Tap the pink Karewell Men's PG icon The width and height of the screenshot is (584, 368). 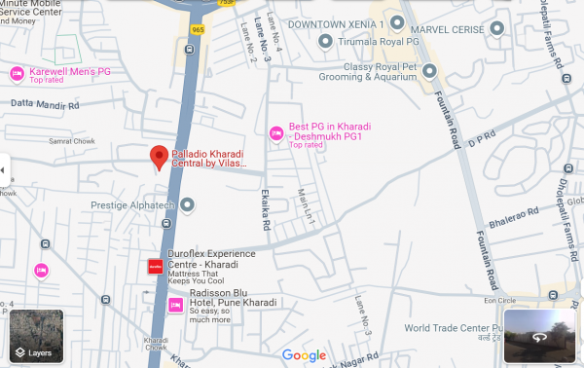pos(17,74)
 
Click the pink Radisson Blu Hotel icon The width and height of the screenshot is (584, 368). pos(176,306)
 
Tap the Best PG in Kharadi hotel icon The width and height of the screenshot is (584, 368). pos(275,131)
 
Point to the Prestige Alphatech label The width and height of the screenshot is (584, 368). pos(131,205)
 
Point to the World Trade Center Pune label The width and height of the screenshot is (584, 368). pos(451,328)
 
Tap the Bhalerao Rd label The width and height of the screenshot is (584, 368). pos(506,211)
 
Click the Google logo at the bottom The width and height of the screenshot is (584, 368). pos(304,355)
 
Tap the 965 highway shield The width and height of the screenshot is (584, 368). pos(199,30)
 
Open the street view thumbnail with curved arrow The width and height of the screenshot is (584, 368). pos(540,337)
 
